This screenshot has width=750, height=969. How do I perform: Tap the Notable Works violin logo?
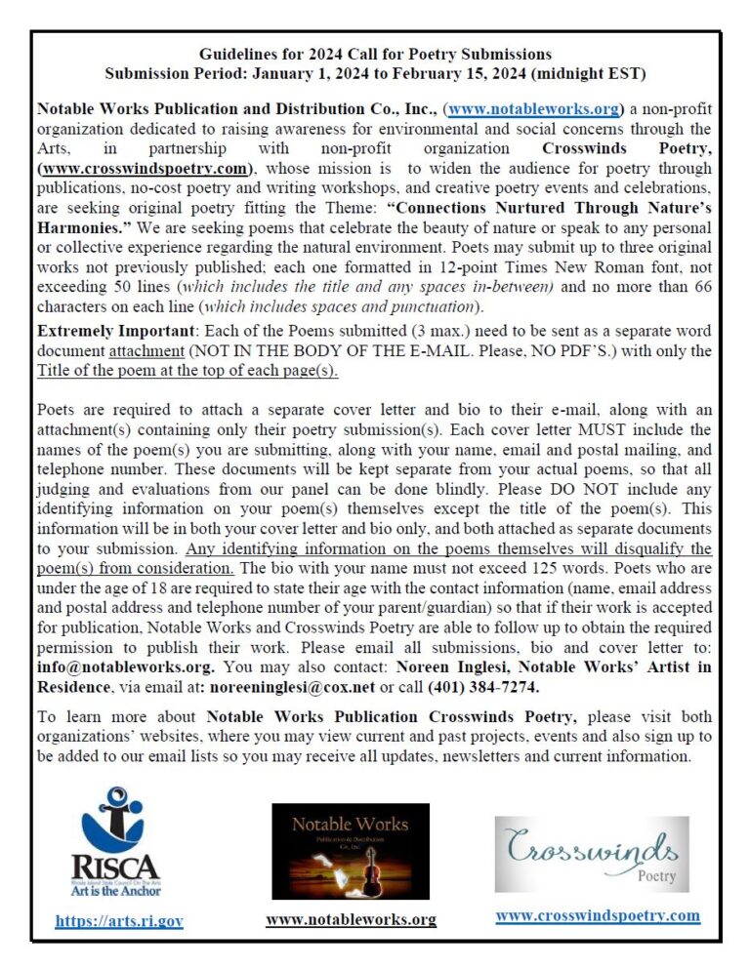[x=350, y=850]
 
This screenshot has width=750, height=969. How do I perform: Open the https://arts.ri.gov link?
[x=119, y=920]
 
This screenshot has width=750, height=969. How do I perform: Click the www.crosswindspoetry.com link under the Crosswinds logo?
[x=598, y=915]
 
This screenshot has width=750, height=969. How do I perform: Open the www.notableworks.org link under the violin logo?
[x=351, y=919]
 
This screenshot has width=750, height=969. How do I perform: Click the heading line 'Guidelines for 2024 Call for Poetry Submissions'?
[x=375, y=54]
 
